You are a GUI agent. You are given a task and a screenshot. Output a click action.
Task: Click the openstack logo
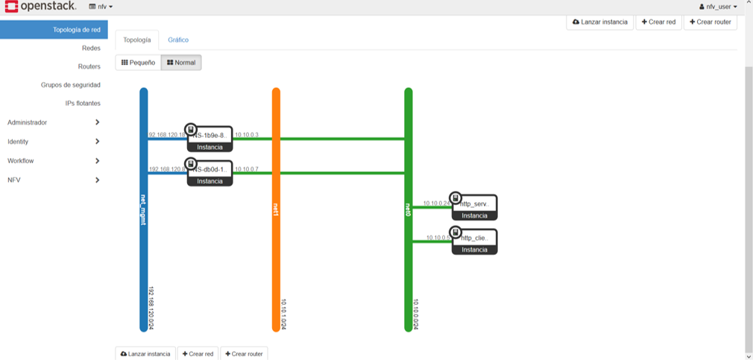pyautogui.click(x=40, y=7)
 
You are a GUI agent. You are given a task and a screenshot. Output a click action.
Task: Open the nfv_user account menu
pyautogui.click(x=718, y=7)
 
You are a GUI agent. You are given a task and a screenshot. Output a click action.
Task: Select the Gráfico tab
pyautogui.click(x=178, y=40)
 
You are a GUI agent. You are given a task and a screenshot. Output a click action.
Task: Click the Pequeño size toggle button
pyautogui.click(x=138, y=63)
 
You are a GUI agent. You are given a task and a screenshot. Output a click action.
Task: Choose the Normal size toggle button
pyautogui.click(x=181, y=63)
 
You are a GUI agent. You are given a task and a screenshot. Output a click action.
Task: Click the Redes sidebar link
pyautogui.click(x=91, y=48)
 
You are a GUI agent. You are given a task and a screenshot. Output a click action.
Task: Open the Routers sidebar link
pyautogui.click(x=89, y=66)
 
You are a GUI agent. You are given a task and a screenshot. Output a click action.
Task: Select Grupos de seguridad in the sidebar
pyautogui.click(x=70, y=85)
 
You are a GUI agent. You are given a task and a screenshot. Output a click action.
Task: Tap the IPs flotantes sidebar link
pyautogui.click(x=83, y=104)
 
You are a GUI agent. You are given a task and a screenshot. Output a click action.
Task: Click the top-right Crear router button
pyautogui.click(x=710, y=22)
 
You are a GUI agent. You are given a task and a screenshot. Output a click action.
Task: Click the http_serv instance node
pyautogui.click(x=474, y=207)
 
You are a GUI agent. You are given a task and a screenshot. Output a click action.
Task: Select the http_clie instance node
pyautogui.click(x=474, y=241)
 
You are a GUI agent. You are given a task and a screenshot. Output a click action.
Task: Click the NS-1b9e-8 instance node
pyautogui.click(x=209, y=139)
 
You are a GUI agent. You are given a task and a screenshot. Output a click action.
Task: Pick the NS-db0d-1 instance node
pyautogui.click(x=209, y=173)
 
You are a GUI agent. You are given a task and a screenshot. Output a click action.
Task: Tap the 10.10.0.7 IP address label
pyautogui.click(x=246, y=169)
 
